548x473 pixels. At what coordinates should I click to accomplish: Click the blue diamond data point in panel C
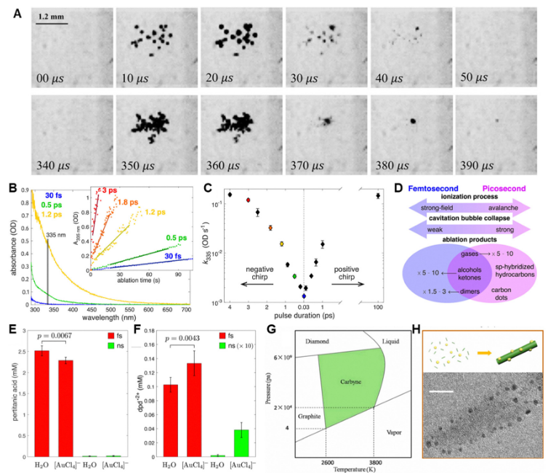coord(304,296)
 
